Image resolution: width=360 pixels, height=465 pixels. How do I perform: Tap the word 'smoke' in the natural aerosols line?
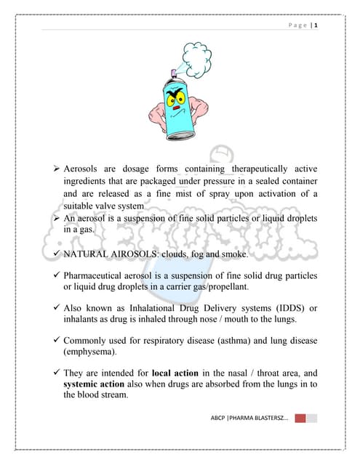[231, 255]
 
